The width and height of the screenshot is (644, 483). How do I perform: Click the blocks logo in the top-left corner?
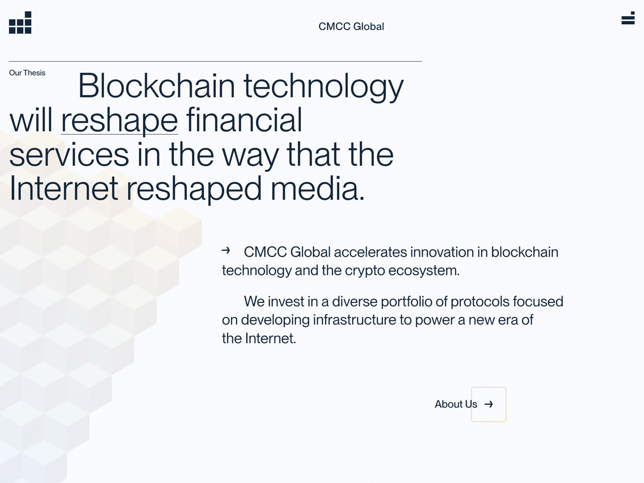[20, 23]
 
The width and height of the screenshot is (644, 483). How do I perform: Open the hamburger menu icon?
[628, 18]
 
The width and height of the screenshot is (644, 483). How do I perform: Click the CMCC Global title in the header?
[351, 27]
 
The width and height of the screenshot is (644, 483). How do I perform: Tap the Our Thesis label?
[27, 73]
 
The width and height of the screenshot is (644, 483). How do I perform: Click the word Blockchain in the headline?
[157, 86]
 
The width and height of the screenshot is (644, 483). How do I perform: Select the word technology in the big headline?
[323, 87]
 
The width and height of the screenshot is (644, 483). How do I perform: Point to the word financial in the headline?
[244, 120]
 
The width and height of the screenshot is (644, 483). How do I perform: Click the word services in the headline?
[69, 155]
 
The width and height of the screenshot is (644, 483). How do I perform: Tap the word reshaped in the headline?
[194, 189]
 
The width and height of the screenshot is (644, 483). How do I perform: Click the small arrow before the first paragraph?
[226, 250]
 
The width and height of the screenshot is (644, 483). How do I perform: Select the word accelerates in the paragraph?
[370, 252]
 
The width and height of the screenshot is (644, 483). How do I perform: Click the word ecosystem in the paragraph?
[424, 271]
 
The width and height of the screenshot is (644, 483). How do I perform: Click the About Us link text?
[456, 404]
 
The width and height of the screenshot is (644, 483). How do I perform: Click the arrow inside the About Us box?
[489, 405]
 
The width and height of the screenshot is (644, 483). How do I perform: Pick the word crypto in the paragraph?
[365, 271]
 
